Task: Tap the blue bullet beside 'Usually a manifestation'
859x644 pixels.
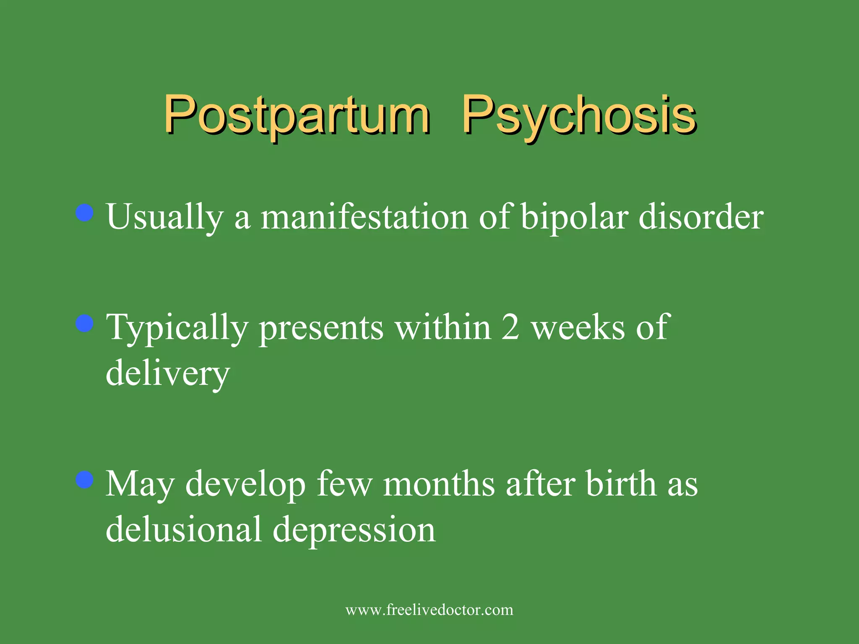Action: [x=85, y=213]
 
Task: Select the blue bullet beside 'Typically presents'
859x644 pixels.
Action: [x=85, y=324]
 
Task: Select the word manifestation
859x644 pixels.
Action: [x=364, y=217]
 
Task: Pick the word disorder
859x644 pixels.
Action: [x=701, y=217]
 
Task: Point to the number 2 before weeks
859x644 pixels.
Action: [x=510, y=327]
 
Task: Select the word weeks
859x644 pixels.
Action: [x=578, y=327]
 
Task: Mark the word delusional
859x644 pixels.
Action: [x=184, y=529]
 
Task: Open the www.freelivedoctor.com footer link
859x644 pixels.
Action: [x=429, y=610]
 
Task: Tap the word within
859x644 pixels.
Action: [x=443, y=327]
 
